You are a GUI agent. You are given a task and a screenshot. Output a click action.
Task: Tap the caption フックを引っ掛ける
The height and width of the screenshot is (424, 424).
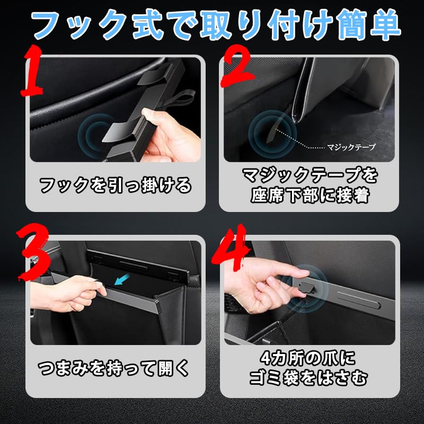[116, 185]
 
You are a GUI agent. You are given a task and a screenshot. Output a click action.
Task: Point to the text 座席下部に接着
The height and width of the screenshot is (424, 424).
[308, 195]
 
